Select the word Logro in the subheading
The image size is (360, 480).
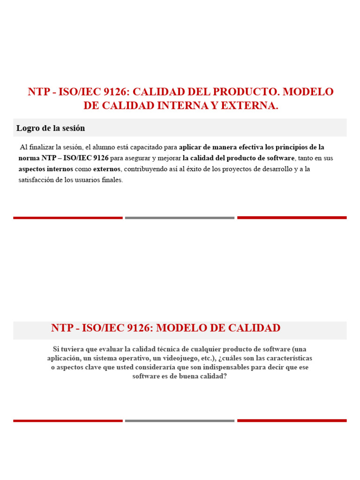(x=27, y=128)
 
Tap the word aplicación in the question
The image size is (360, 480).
(x=64, y=358)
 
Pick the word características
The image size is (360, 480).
(x=286, y=358)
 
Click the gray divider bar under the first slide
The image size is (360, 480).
(x=180, y=217)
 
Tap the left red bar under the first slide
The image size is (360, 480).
(x=68, y=217)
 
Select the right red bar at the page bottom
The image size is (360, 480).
(x=292, y=420)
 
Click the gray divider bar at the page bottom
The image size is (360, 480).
(x=180, y=420)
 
